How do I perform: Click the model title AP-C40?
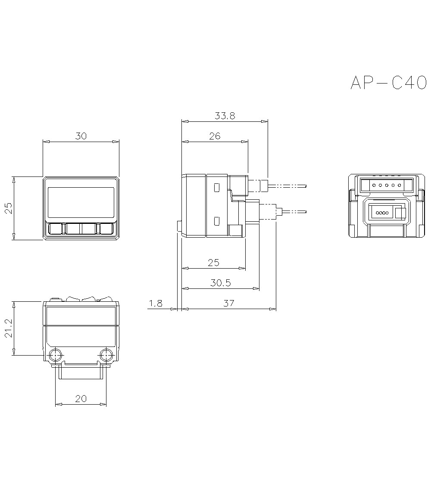(388, 83)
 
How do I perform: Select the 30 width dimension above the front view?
(81, 136)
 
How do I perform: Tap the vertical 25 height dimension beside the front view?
(8, 208)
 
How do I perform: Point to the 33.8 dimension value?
(225, 116)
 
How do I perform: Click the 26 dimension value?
(215, 136)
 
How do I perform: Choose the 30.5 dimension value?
(220, 283)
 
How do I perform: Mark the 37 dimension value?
(229, 303)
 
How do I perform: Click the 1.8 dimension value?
(155, 303)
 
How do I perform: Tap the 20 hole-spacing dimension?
(81, 399)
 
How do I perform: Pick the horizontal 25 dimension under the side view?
(213, 263)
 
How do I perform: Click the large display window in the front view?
(81, 202)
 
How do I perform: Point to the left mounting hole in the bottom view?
(56, 356)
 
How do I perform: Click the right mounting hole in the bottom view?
(106, 356)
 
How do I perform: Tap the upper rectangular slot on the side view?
(216, 188)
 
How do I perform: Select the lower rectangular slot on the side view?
(216, 221)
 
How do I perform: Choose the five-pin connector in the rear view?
(387, 186)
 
